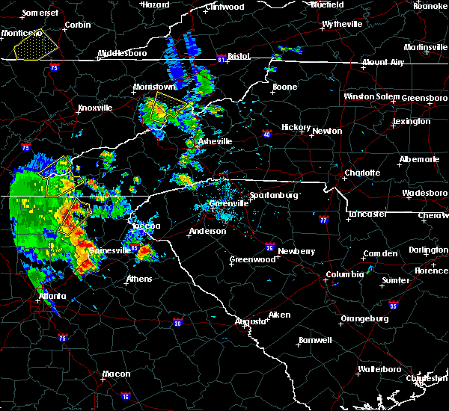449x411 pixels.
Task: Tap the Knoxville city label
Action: click(x=95, y=108)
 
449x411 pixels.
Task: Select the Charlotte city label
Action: click(x=362, y=173)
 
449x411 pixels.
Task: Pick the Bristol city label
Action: click(x=239, y=56)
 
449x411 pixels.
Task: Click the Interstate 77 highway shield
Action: click(x=324, y=220)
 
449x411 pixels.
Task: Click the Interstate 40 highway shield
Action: click(x=267, y=135)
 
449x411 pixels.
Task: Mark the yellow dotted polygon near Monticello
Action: click(x=32, y=47)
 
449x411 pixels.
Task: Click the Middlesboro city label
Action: click(x=122, y=55)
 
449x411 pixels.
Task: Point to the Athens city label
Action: click(x=138, y=279)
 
